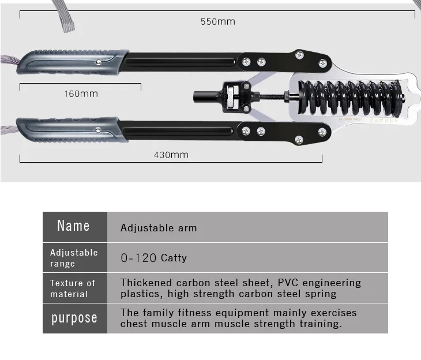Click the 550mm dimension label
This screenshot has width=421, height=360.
pyautogui.click(x=218, y=22)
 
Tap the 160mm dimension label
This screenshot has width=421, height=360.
pyautogui.click(x=81, y=94)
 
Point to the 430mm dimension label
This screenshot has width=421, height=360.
pyautogui.click(x=171, y=155)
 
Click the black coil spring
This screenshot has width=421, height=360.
pyautogui.click(x=351, y=97)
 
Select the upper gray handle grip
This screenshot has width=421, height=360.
pyautogui.click(x=73, y=62)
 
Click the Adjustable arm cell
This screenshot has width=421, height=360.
pyautogui.click(x=159, y=228)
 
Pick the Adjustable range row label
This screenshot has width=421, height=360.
pyautogui.click(x=74, y=258)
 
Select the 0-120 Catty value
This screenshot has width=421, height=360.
pyautogui.click(x=153, y=258)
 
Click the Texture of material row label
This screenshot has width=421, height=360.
pyautogui.click(x=73, y=288)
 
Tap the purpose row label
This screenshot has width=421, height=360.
pyautogui.click(x=74, y=318)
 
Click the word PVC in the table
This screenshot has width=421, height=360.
pyautogui.click(x=288, y=283)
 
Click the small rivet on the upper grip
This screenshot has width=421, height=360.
pyautogui.click(x=99, y=62)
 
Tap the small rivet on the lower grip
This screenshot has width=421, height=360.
pyautogui.click(x=98, y=130)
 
